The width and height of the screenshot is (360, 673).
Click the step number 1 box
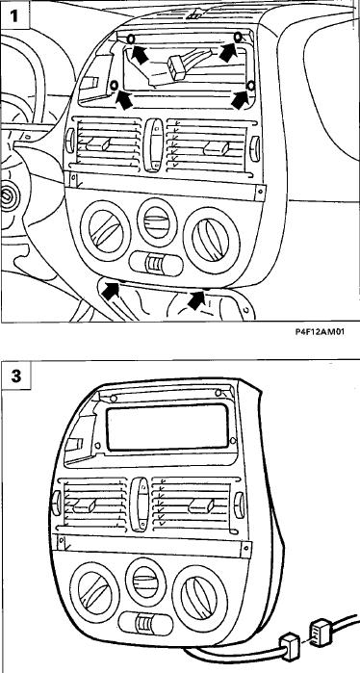14,15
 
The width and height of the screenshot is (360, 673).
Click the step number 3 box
15,375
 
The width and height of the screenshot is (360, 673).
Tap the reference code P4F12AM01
320,332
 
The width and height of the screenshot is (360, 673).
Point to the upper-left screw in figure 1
131,39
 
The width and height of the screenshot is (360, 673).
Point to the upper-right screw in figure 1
238,38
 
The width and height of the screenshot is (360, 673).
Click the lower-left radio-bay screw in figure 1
115,86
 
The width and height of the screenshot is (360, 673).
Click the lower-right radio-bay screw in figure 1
251,86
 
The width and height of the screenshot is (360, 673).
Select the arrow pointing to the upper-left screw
141,54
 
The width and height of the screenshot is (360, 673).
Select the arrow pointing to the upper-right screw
228,52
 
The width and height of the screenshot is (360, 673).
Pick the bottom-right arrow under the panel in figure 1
197,299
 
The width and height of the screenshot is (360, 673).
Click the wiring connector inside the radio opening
177,67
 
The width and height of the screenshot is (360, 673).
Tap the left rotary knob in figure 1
105,231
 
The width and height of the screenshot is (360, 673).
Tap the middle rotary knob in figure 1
157,221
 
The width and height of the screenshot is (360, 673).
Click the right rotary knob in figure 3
200,599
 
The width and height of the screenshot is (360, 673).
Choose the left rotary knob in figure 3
94,592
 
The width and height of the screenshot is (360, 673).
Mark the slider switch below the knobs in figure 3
146,622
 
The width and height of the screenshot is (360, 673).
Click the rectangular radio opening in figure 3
167,427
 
